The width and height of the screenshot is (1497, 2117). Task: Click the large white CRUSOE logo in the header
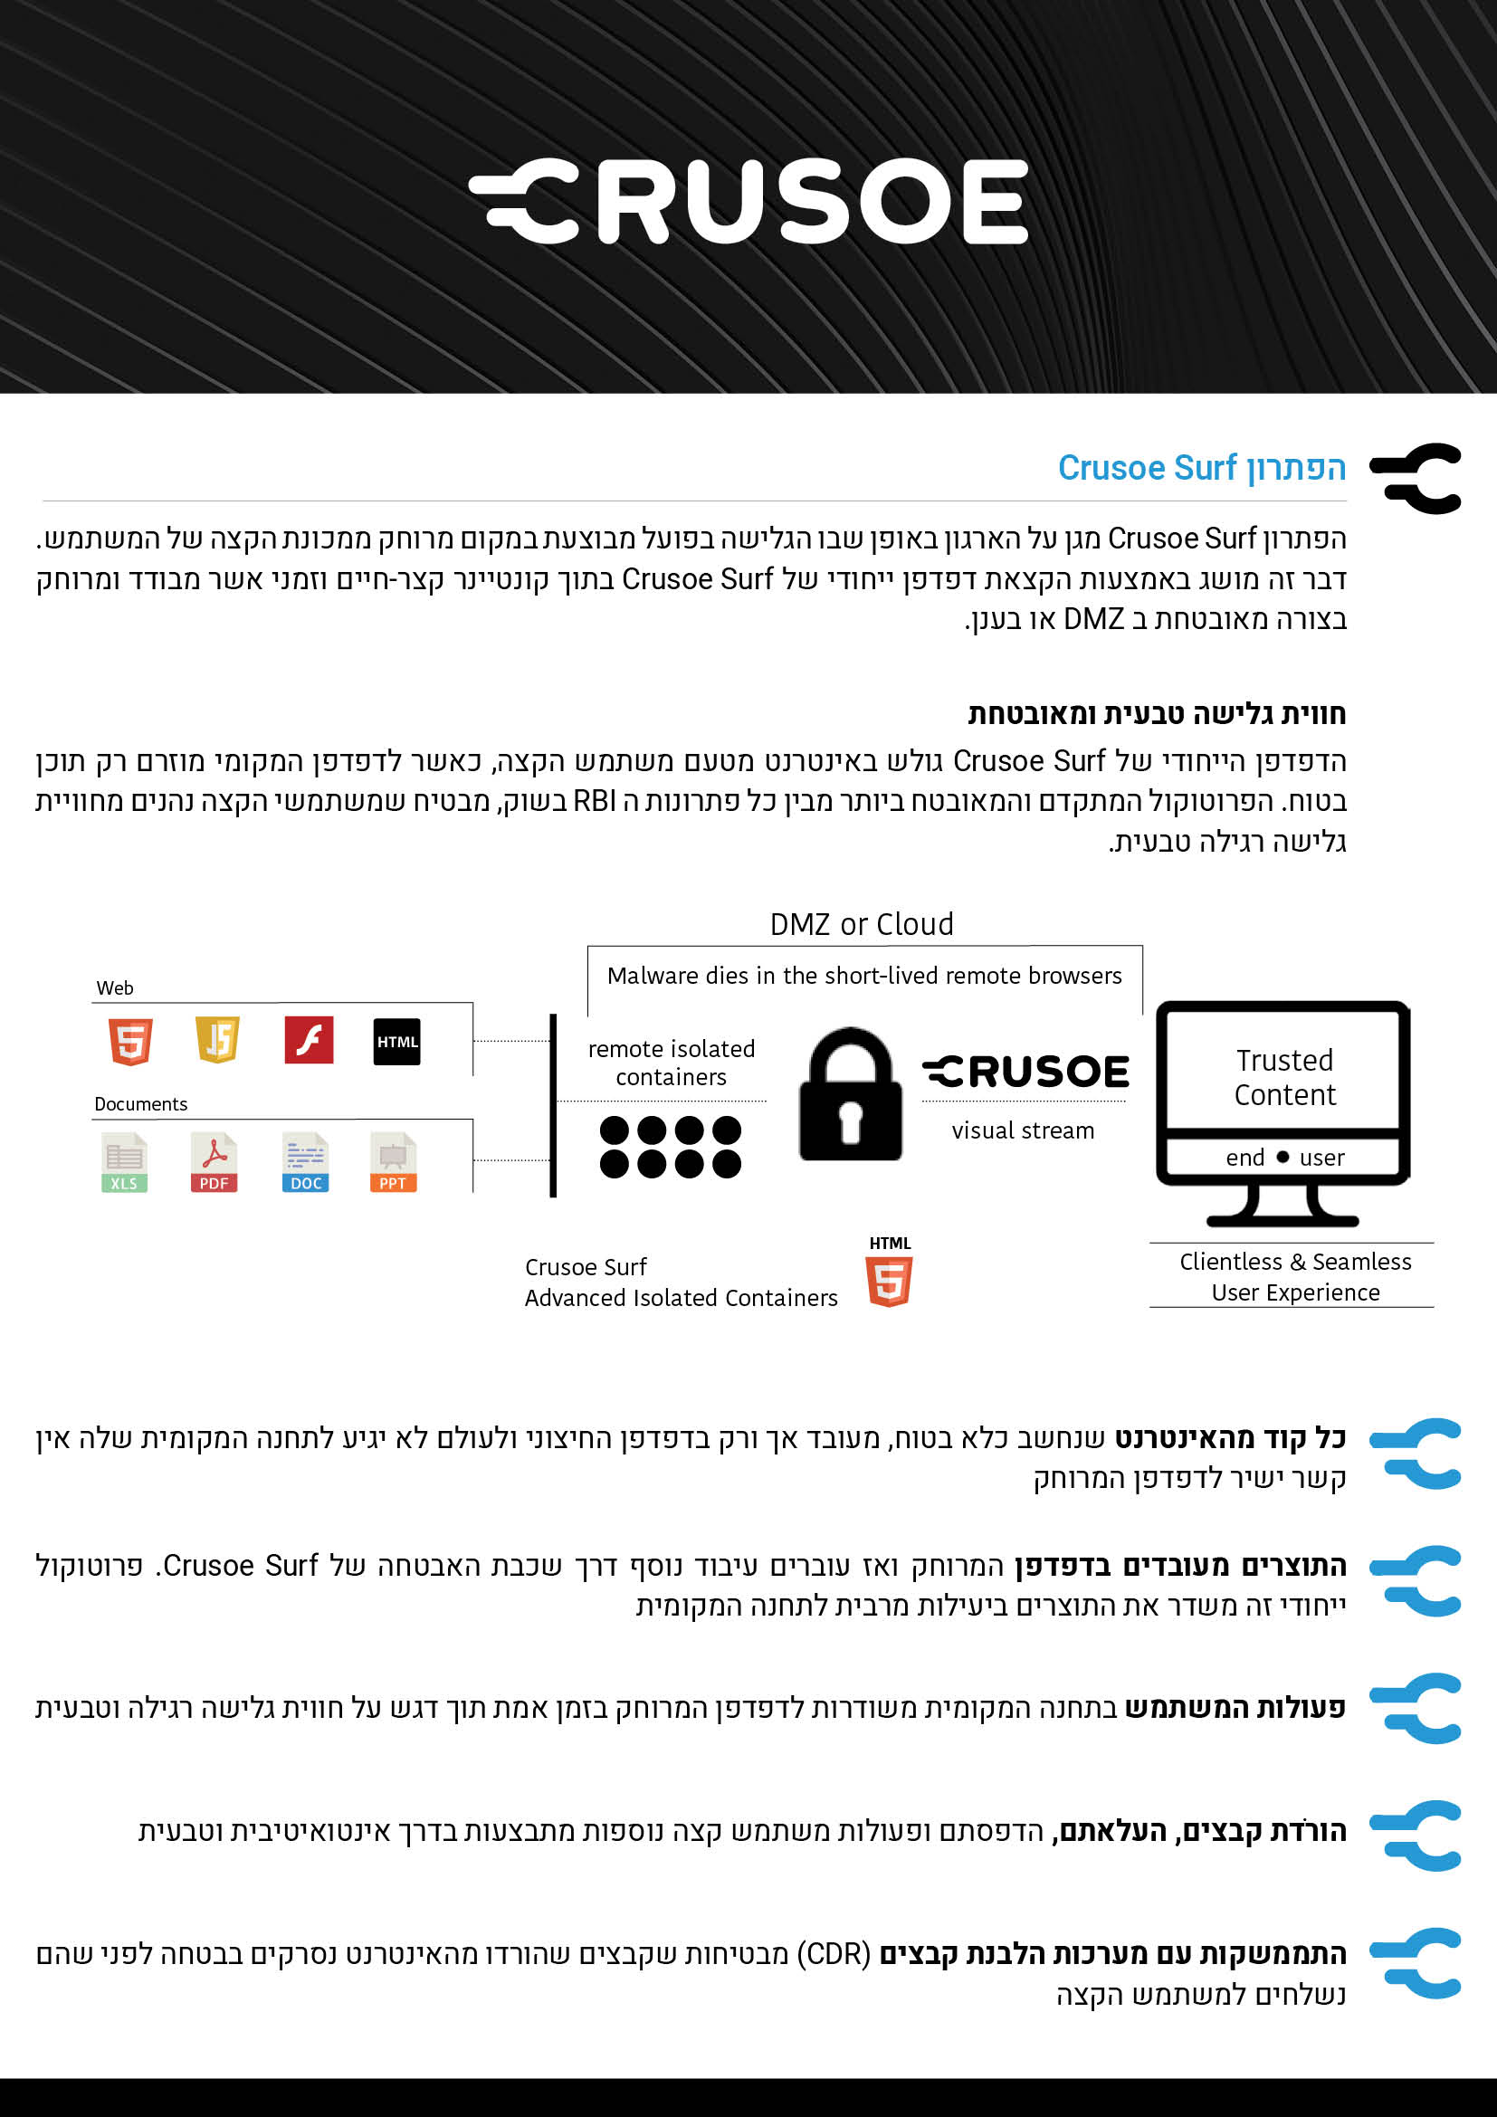(748, 201)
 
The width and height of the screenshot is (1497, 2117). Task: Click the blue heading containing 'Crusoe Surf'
(1201, 469)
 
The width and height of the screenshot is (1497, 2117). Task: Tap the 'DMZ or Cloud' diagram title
(861, 924)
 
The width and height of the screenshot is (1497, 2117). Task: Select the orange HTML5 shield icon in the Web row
(131, 1042)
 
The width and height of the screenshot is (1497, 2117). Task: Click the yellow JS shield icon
(217, 1040)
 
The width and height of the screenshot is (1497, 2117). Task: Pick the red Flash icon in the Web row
(309, 1040)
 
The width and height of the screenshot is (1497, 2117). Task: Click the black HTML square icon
(396, 1042)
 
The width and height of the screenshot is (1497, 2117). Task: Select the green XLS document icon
(124, 1163)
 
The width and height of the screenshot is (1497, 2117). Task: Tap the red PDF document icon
(214, 1163)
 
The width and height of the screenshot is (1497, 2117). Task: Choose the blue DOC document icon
(305, 1163)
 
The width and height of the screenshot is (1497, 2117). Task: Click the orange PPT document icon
(394, 1163)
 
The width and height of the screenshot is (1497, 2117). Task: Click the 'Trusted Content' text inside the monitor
(1284, 1077)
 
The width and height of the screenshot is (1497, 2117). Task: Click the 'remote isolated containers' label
(671, 1063)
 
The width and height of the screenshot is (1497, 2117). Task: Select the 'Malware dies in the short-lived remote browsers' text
(863, 976)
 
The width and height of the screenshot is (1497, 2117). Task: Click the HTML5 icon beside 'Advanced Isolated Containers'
(890, 1281)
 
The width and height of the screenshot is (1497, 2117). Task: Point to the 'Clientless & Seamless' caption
(1294, 1262)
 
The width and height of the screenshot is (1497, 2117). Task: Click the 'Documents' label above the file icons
(141, 1103)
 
